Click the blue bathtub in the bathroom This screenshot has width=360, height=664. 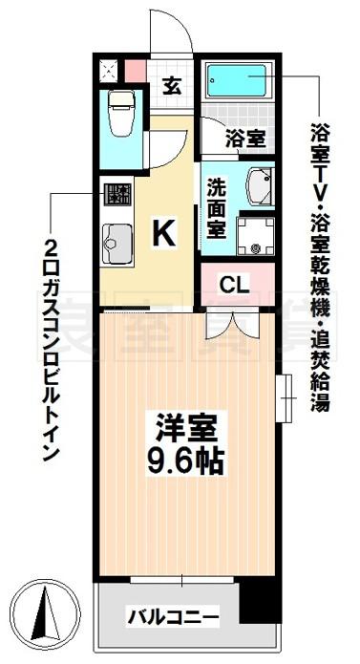[237, 80]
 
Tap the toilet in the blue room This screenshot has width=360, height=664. [121, 113]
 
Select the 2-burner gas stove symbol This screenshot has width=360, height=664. [117, 194]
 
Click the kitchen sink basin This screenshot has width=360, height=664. [116, 244]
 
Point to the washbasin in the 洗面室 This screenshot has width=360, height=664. [260, 186]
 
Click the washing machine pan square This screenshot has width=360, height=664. [255, 235]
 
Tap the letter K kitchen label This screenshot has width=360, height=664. [163, 235]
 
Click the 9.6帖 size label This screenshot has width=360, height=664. [185, 460]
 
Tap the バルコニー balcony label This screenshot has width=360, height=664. [174, 619]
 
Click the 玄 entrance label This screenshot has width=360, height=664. [172, 87]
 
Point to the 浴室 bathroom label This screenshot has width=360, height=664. [245, 138]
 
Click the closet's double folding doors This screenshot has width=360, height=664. [232, 325]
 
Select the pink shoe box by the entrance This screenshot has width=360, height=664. [136, 72]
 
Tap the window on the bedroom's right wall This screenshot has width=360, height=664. [286, 398]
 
